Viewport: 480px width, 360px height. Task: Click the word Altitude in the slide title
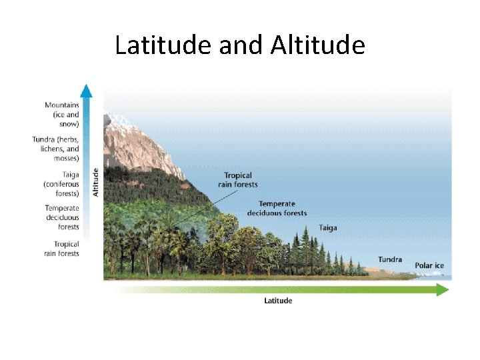(318, 45)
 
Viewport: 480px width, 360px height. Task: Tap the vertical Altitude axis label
(95, 181)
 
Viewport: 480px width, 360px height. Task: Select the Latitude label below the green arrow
(278, 301)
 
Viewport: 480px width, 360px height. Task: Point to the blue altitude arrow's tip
(85, 89)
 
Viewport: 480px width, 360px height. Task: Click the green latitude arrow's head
(443, 289)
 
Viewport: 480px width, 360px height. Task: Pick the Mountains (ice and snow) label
(61, 114)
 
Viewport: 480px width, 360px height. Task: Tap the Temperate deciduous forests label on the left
(62, 217)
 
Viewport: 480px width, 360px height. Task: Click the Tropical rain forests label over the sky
(241, 180)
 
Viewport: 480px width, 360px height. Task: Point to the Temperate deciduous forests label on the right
(277, 208)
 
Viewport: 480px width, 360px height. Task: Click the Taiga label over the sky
(328, 227)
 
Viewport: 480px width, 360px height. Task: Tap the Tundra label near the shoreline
(390, 259)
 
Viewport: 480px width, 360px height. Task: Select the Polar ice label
(429, 265)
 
